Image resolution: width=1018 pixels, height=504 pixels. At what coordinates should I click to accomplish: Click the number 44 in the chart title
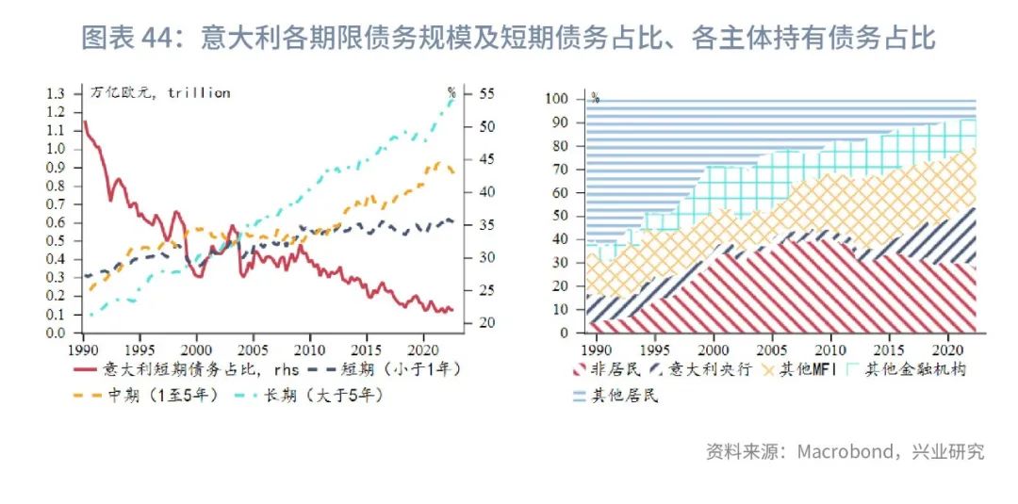[157, 38]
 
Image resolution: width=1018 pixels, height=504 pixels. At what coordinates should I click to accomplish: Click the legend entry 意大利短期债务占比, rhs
[179, 369]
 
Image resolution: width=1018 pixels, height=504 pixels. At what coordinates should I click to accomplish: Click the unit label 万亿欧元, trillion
[161, 92]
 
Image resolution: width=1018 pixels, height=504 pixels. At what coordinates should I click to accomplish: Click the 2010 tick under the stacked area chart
[830, 348]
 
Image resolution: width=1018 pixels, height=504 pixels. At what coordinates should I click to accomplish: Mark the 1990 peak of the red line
[85, 121]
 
